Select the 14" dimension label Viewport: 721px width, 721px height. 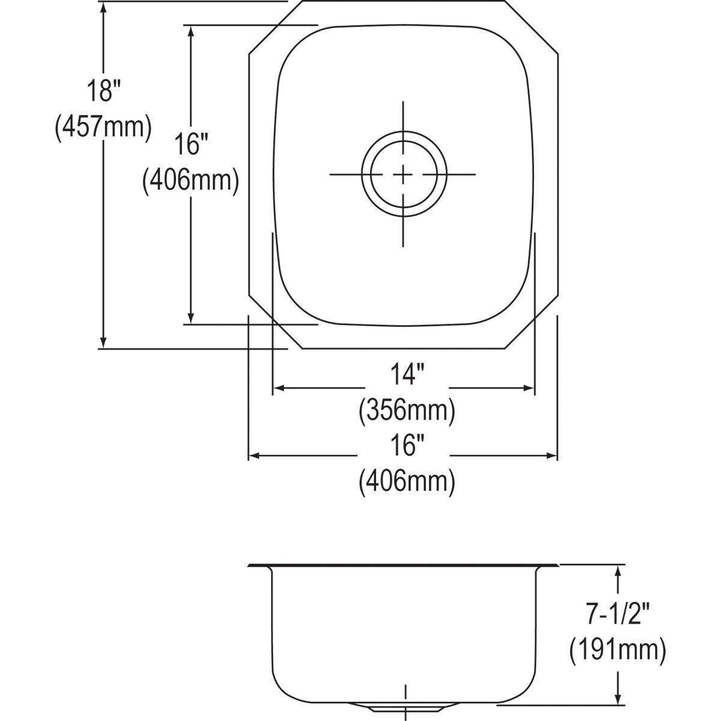[x=407, y=374]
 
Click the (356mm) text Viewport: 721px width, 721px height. [x=407, y=410]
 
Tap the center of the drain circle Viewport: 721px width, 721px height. [x=403, y=174]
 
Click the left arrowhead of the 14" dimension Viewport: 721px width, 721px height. [x=279, y=388]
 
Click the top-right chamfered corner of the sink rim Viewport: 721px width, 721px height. [x=531, y=27]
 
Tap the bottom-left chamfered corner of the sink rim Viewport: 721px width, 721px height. [x=275, y=322]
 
